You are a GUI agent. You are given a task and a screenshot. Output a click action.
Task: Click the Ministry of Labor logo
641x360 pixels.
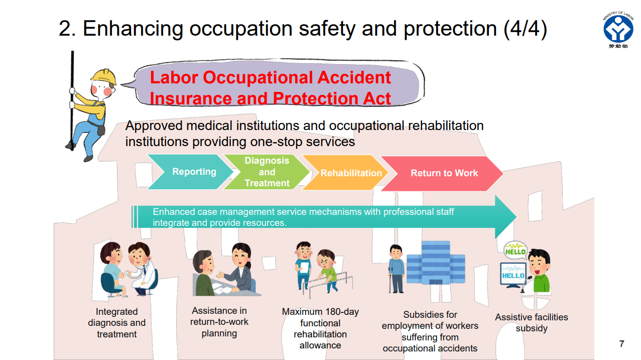pyautogui.click(x=618, y=29)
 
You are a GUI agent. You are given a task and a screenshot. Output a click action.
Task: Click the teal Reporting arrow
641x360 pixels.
pyautogui.click(x=194, y=172)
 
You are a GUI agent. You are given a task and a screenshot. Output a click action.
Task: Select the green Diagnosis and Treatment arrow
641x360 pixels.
pyautogui.click(x=267, y=172)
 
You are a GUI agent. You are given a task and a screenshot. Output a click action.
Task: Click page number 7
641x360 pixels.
pyautogui.click(x=621, y=344)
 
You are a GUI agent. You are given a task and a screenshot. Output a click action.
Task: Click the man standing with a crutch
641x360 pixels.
pyautogui.click(x=396, y=269)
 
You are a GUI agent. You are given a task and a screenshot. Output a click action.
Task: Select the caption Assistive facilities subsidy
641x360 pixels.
pyautogui.click(x=531, y=323)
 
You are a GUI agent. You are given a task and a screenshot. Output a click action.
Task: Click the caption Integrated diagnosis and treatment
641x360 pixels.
pyautogui.click(x=116, y=323)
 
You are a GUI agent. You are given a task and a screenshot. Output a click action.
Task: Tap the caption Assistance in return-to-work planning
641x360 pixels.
pyautogui.click(x=219, y=322)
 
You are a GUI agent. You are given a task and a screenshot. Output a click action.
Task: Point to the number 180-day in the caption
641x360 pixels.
pyautogui.click(x=342, y=312)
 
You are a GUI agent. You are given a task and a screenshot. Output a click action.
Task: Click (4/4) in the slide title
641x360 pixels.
pyautogui.click(x=525, y=29)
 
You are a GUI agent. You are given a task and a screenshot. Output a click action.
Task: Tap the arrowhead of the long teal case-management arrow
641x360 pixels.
pyautogui.click(x=505, y=217)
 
